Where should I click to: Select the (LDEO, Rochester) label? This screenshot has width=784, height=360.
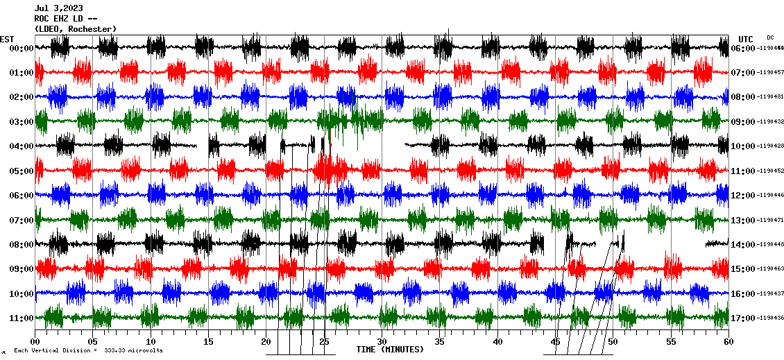pos(75,28)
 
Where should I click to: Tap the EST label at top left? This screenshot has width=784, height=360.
pos(7,39)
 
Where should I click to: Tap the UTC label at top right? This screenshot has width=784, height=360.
pos(746,39)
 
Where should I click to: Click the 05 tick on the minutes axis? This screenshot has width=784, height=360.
pos(93,341)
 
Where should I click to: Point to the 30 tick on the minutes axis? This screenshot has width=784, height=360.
pos(382,341)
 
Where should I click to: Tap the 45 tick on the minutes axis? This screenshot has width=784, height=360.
pos(555,341)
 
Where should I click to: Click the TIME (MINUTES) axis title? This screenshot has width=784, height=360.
pos(390,350)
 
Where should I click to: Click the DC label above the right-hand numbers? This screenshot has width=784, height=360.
pos(770,37)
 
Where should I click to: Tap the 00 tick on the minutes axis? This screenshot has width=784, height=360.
pos(35,341)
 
